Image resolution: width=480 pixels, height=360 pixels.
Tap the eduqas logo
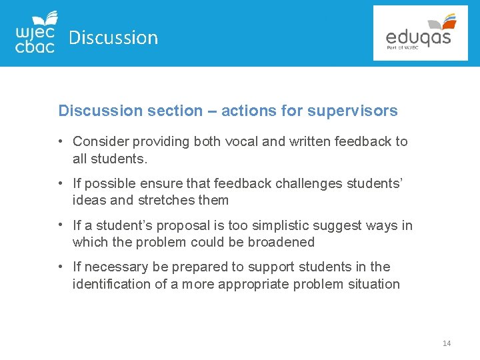[420, 33]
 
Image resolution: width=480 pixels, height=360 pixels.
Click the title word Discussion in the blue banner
[113, 38]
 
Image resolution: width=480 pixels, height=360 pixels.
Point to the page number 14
[447, 343]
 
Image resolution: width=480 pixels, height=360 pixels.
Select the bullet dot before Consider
[60, 141]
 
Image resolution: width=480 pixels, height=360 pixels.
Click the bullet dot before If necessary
[60, 267]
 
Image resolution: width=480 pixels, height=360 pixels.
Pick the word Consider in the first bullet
[101, 141]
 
